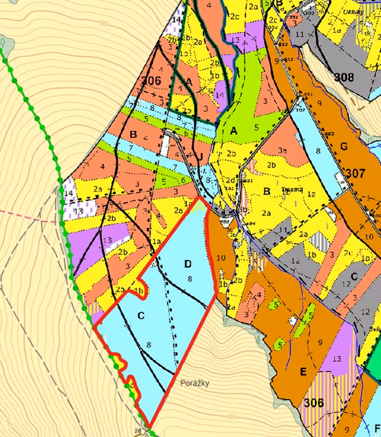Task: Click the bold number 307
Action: pos(355,173)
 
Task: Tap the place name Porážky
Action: pos(193,382)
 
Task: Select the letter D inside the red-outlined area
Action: pos(187,263)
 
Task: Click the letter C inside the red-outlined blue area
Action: pos(141,315)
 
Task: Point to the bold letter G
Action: pos(344,146)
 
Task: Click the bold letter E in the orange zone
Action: pos(303,372)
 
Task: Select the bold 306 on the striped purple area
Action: pos(315,402)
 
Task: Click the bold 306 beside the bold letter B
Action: pos(151,81)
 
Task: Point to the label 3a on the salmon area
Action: pos(282,150)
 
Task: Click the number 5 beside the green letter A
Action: pos(256,127)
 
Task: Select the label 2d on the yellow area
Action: pos(230,179)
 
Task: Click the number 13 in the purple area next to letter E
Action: pos(337,359)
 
